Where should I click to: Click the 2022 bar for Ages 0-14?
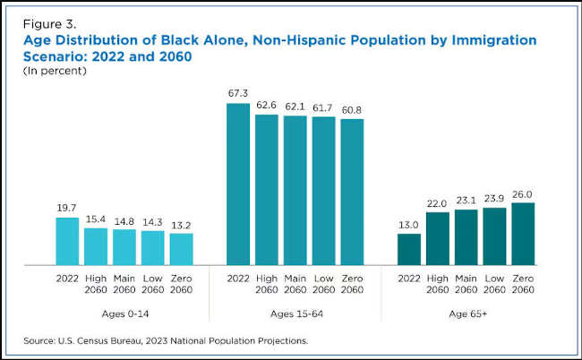(67, 241)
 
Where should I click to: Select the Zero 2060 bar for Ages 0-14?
(181, 249)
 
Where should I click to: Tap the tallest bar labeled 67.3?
(238, 184)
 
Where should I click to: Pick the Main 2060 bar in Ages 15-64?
(295, 190)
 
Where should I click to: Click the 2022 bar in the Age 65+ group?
(409, 249)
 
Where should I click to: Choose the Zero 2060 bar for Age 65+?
(523, 234)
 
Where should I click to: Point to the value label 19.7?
(67, 208)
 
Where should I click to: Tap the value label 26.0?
(523, 193)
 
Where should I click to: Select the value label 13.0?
(409, 224)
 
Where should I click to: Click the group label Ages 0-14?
(124, 313)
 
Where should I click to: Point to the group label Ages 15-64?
(295, 313)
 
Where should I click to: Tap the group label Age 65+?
(466, 313)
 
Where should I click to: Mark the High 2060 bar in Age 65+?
(438, 238)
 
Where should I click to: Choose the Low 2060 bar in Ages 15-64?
(323, 191)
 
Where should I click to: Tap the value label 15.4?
(96, 219)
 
